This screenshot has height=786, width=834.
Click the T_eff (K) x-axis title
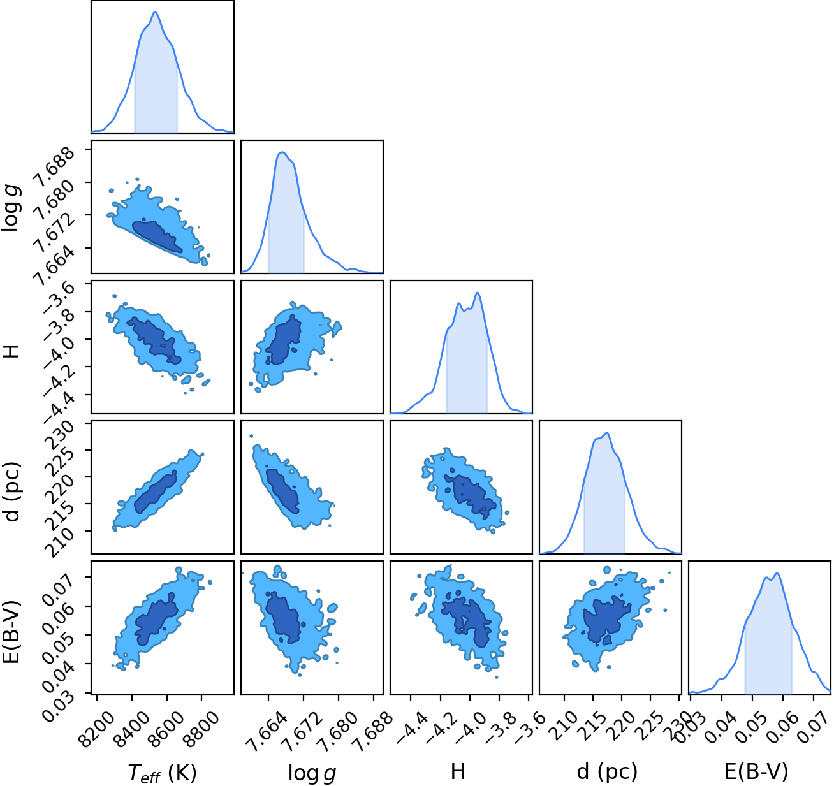pos(162,772)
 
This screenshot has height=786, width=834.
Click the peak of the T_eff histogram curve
pos(155,11)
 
